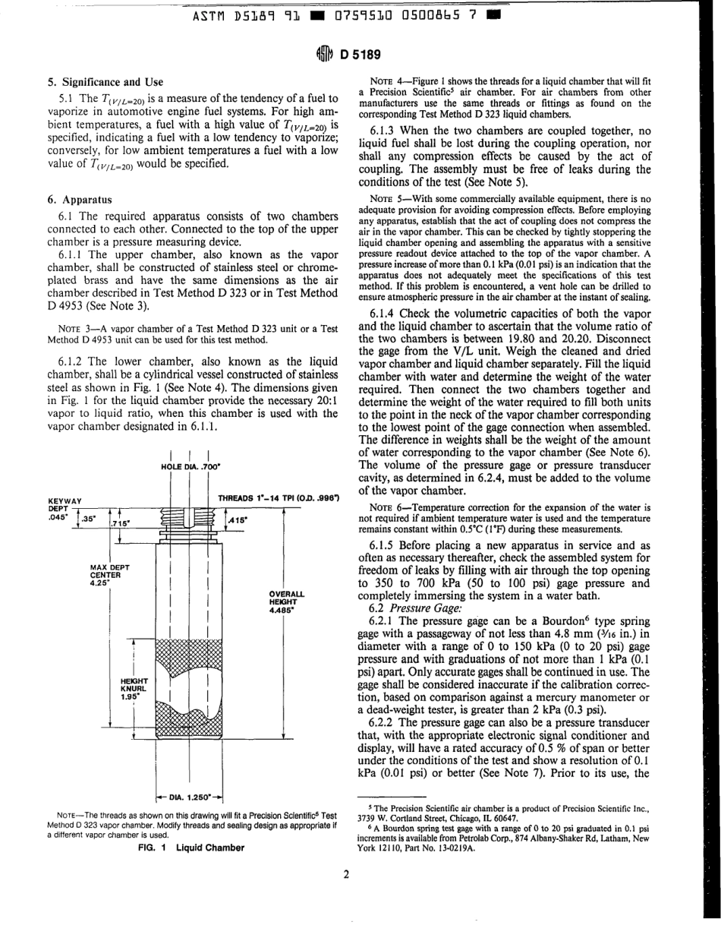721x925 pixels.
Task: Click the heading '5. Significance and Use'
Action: pos(105,81)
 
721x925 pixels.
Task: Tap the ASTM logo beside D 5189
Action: pos(324,54)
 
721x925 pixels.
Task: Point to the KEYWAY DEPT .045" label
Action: pos(64,507)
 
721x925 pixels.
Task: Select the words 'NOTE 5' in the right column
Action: pos(384,198)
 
